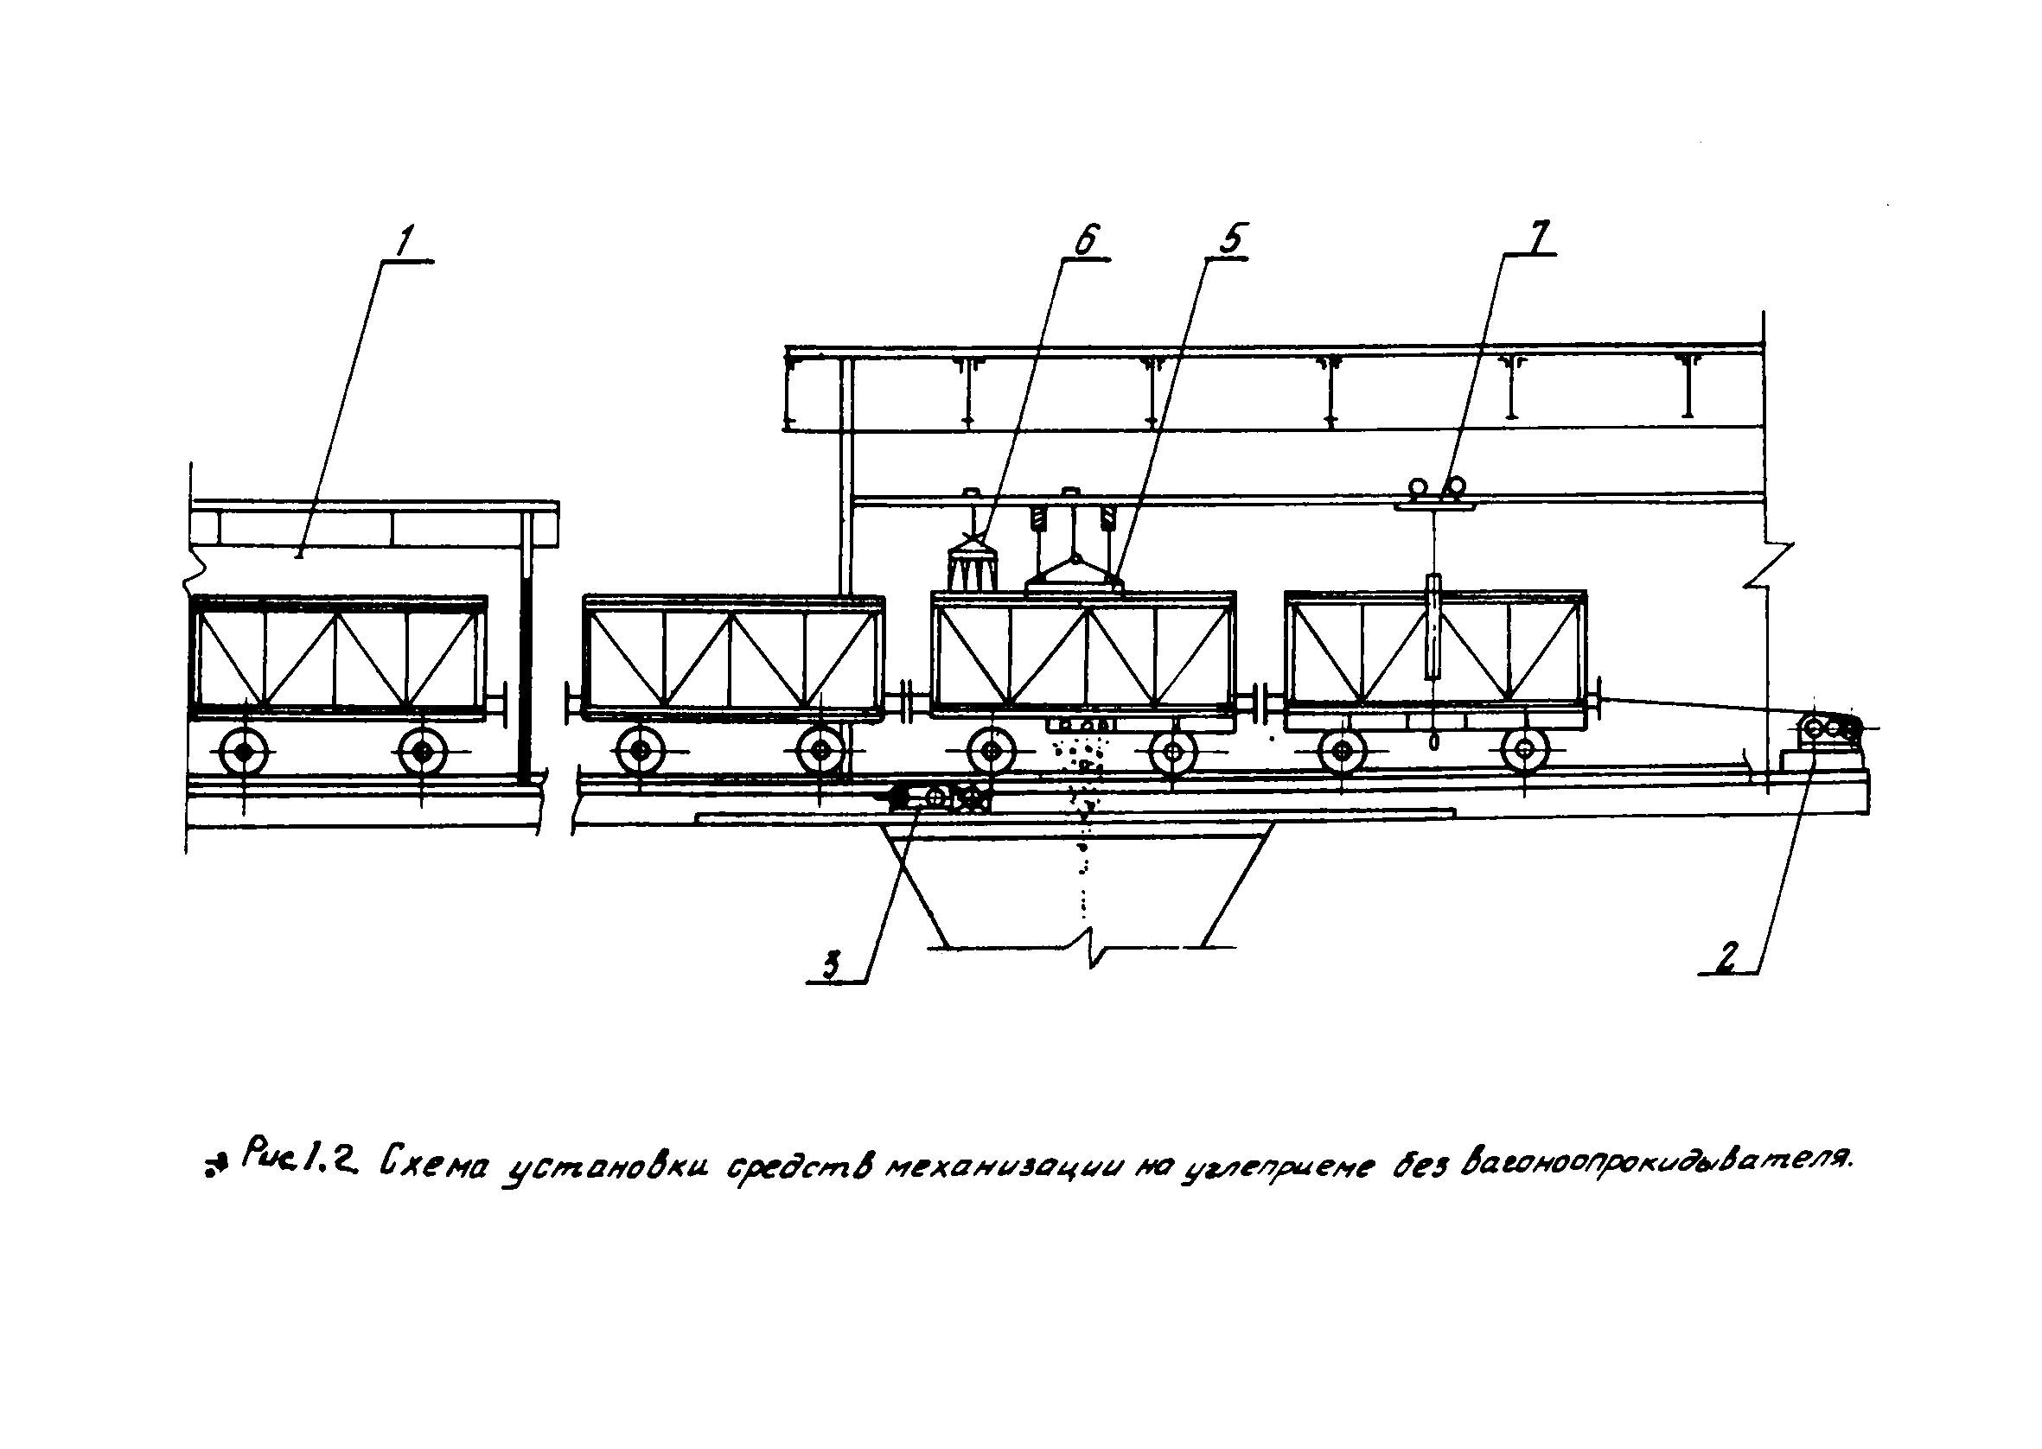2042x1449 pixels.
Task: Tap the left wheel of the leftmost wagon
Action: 244,753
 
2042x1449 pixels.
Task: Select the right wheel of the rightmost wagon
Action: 1525,749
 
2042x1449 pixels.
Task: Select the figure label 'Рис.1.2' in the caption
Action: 297,1158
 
